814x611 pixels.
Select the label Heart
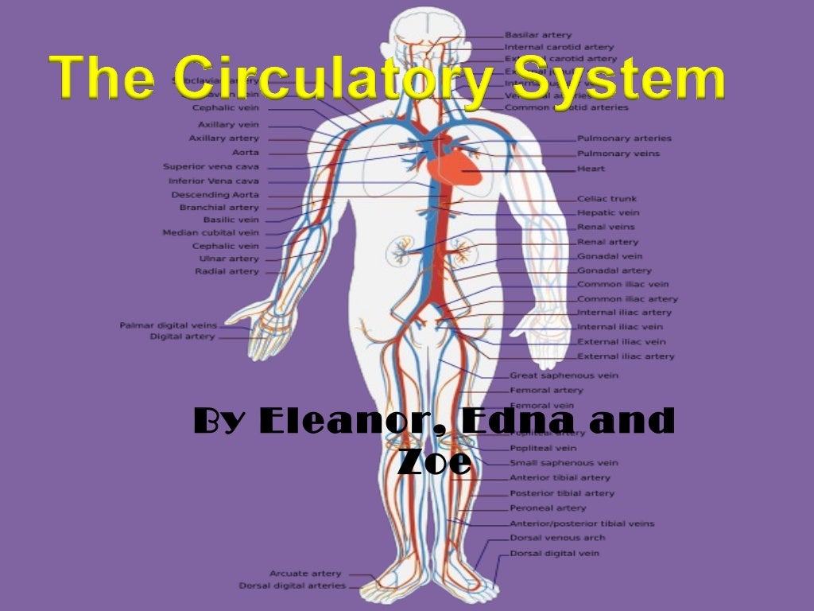(591, 169)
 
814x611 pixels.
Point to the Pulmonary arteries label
(624, 138)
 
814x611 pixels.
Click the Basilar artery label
(537, 35)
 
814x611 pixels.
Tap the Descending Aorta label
(215, 195)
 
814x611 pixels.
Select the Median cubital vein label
(211, 233)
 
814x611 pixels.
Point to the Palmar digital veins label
(168, 325)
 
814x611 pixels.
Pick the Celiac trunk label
(607, 199)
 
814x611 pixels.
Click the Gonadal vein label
(610, 256)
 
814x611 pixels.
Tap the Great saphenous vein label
(564, 375)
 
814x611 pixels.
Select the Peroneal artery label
(548, 508)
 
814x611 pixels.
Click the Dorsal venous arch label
(557, 538)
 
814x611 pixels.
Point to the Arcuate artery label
(305, 573)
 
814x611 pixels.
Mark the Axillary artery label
(223, 138)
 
